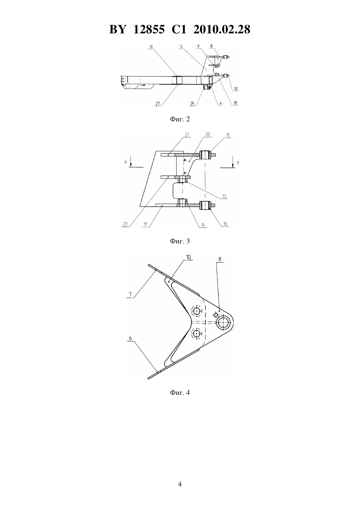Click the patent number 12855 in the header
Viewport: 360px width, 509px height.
149,29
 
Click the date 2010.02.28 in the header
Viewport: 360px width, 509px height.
222,29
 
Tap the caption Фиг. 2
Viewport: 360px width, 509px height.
180,119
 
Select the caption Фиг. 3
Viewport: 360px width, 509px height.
180,241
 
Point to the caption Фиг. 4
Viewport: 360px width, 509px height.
180,393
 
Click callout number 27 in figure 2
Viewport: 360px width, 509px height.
157,104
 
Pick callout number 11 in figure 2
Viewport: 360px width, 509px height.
151,47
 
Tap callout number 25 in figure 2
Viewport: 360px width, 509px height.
192,104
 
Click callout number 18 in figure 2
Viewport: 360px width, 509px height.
235,103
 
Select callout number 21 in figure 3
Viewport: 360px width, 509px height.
187,135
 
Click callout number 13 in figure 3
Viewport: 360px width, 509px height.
224,196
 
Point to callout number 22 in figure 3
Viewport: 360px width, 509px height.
125,224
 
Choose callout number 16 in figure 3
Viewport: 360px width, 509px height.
225,224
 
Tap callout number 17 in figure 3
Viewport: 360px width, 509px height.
145,224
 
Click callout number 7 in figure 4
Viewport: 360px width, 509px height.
130,295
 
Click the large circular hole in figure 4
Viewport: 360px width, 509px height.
224,322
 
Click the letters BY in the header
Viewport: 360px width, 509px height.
117,29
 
